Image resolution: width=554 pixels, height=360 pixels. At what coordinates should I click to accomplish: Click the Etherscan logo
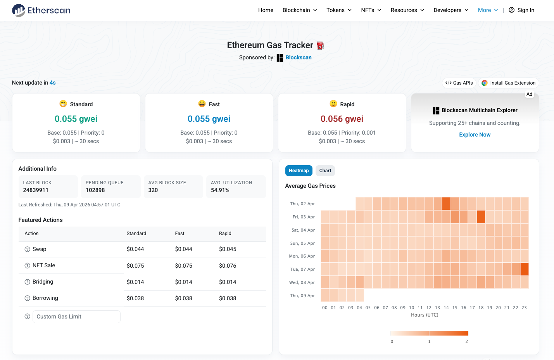[41, 10]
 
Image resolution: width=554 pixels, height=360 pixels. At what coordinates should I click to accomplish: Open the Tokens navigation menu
[339, 10]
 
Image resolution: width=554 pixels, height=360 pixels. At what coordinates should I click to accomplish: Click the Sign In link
[521, 10]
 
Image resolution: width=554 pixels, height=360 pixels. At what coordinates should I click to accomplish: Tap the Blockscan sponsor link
[298, 57]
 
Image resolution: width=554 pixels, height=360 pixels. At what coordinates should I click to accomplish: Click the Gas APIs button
[459, 83]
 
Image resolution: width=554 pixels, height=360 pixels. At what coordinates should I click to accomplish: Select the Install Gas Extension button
[509, 83]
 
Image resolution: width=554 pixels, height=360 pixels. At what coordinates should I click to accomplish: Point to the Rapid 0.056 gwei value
[342, 119]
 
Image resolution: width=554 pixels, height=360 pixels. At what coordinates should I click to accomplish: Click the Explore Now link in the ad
[475, 135]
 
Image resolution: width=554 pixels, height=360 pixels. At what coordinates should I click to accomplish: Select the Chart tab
[325, 171]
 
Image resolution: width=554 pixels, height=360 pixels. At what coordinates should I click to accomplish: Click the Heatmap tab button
[299, 171]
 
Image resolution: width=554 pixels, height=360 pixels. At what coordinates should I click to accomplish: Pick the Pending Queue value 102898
[95, 190]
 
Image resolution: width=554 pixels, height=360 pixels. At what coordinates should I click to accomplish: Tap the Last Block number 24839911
[36, 190]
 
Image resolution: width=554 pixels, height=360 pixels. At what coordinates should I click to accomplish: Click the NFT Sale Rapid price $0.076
[228, 266]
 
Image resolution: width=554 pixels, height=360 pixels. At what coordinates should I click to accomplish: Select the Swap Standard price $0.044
[135, 249]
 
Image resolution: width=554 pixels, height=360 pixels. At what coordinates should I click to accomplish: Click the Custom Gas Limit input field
[76, 317]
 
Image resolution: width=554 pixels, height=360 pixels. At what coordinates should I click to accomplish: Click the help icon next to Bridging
[27, 282]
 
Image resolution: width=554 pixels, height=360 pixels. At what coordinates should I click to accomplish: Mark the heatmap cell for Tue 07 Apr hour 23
[524, 269]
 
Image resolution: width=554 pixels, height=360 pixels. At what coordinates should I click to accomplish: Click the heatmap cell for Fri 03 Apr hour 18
[481, 217]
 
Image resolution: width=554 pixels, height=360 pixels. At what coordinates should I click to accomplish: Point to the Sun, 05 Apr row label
[302, 243]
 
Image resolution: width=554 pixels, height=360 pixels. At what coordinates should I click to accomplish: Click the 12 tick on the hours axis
[429, 308]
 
